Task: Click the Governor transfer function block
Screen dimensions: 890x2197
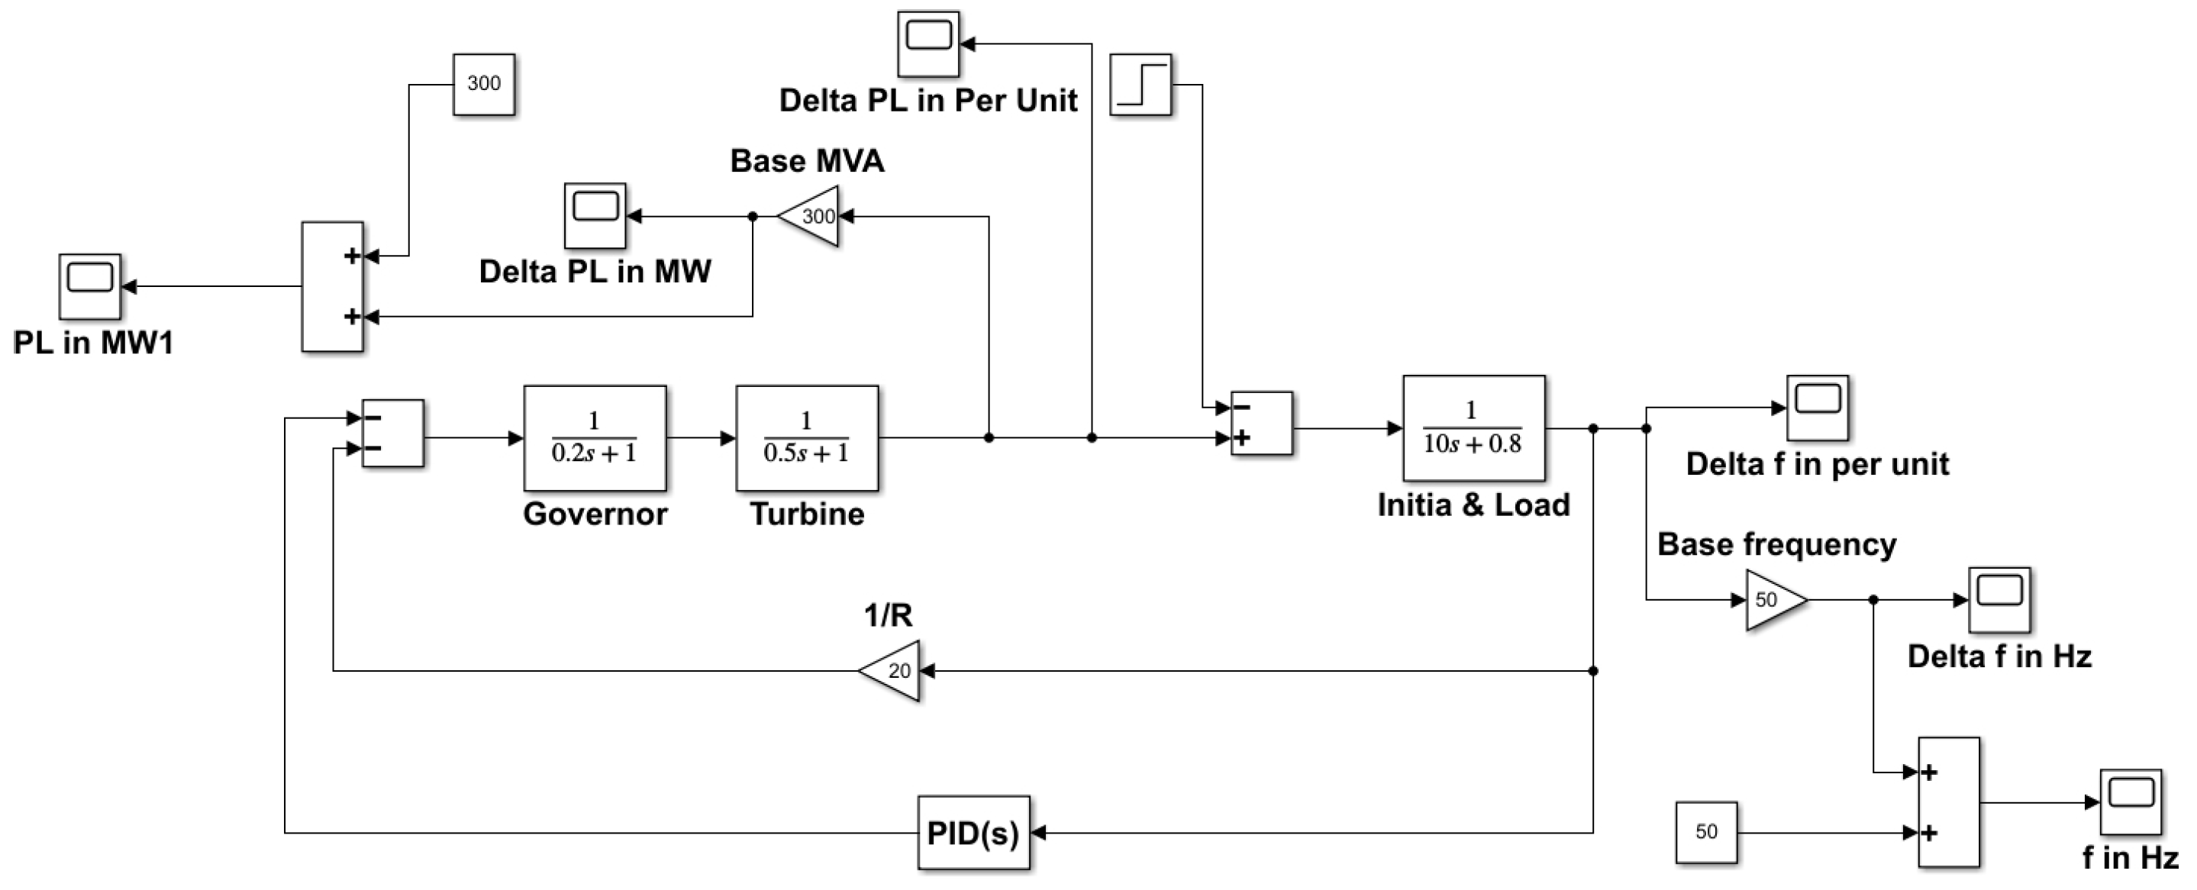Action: point(595,438)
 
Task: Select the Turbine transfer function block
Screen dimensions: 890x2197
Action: point(807,438)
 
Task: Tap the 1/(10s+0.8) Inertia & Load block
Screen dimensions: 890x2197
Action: point(1473,428)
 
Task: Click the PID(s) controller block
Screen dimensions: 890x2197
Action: point(973,833)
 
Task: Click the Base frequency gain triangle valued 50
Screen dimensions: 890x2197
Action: point(1773,600)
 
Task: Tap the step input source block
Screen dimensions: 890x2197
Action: point(1140,85)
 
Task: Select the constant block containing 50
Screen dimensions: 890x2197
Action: point(1705,832)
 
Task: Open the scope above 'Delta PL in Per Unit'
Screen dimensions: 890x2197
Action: point(928,44)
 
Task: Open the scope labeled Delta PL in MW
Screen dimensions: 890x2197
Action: point(595,216)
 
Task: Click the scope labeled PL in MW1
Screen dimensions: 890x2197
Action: point(89,286)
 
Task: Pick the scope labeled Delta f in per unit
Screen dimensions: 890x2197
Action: point(1818,408)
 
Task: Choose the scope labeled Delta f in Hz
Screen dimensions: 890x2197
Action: point(1999,599)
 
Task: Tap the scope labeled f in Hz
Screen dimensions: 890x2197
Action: point(2130,802)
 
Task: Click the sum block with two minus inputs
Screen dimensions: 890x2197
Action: point(393,433)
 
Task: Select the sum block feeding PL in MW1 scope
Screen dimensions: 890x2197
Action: point(333,286)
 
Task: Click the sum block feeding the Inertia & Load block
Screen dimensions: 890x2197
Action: point(1261,424)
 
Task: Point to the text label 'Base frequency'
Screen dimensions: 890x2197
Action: point(1776,544)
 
